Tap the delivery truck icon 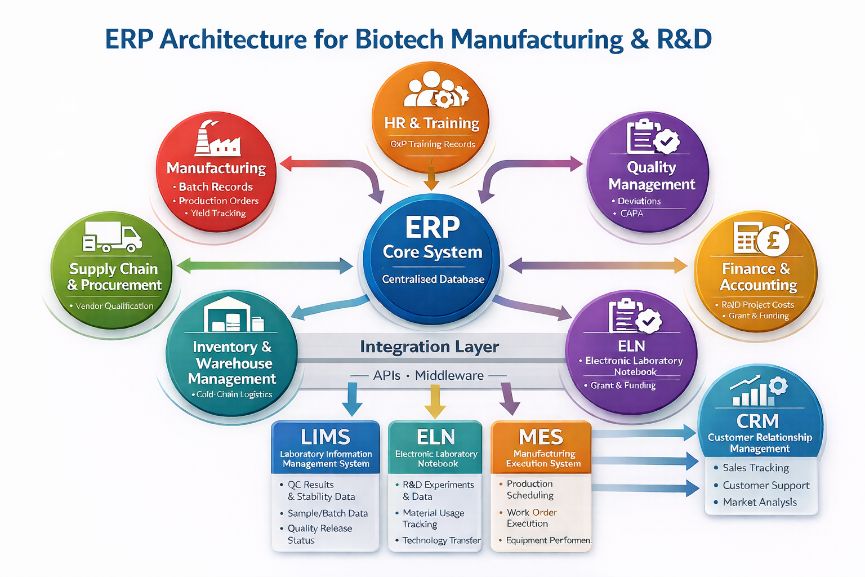pyautogui.click(x=112, y=237)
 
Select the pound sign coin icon pyautogui.click(x=773, y=240)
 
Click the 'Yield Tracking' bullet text pyautogui.click(x=218, y=213)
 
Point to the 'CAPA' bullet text pyautogui.click(x=631, y=214)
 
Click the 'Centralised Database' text pyautogui.click(x=433, y=279)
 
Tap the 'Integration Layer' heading pyautogui.click(x=429, y=347)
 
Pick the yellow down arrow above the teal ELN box pyautogui.click(x=434, y=402)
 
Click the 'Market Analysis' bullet pyautogui.click(x=760, y=502)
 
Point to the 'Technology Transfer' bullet pyautogui.click(x=442, y=540)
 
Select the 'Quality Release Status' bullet pyautogui.click(x=319, y=534)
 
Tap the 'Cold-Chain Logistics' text pyautogui.click(x=234, y=394)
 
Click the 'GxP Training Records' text pyautogui.click(x=433, y=144)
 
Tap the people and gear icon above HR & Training pyautogui.click(x=435, y=90)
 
